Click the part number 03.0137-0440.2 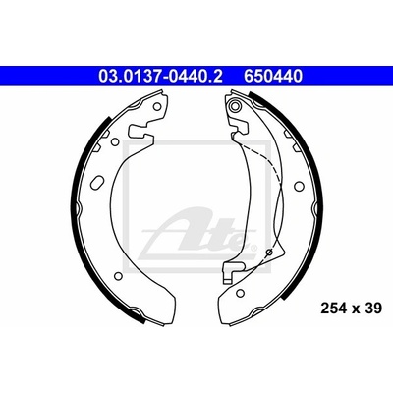[x=160, y=77]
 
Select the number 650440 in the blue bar [x=272, y=77]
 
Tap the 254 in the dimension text [x=334, y=309]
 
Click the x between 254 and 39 [x=356, y=309]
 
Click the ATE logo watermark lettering [x=196, y=234]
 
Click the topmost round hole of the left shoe [x=157, y=106]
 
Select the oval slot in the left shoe [x=97, y=181]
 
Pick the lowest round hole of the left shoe [x=118, y=276]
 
